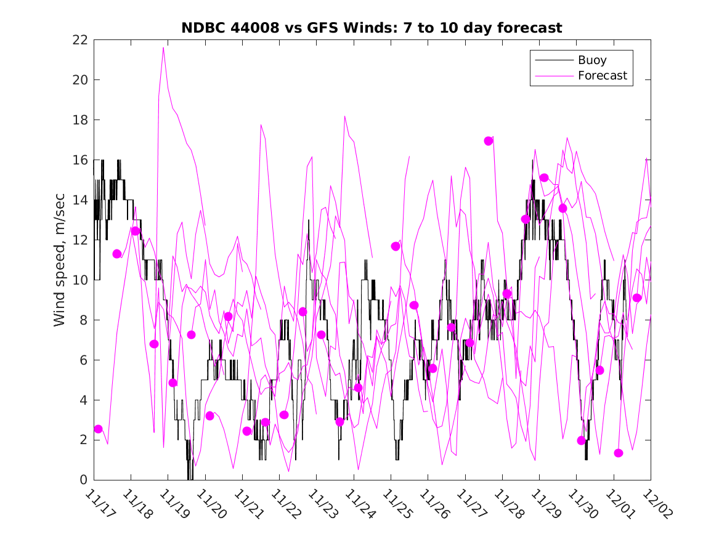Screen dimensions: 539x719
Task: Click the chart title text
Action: (372, 28)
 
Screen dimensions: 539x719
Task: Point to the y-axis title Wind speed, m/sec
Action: (59, 259)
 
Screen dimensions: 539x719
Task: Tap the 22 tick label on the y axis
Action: (80, 40)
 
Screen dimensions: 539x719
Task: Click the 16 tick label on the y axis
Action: (80, 160)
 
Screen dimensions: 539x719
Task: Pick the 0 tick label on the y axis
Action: (83, 480)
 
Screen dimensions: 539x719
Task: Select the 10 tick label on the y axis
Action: (80, 280)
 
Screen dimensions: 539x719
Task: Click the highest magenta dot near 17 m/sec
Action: (489, 141)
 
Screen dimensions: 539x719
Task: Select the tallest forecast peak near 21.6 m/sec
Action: (163, 47)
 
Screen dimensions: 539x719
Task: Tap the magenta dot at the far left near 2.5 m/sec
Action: (98, 429)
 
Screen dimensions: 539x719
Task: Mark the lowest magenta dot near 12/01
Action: (619, 453)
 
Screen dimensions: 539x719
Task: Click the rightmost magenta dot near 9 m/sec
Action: (637, 298)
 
